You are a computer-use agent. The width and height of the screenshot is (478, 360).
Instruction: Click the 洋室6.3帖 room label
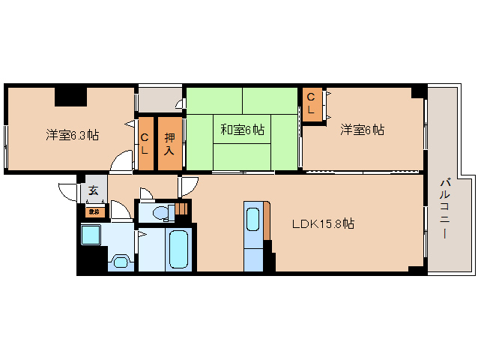point(72,135)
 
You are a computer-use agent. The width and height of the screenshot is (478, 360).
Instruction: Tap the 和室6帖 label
point(242,130)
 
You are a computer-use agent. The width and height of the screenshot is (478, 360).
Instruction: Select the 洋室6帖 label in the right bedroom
point(363,130)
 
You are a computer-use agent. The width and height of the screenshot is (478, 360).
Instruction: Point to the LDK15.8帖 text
point(323,223)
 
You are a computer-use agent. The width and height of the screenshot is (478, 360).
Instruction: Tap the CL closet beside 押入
point(145,142)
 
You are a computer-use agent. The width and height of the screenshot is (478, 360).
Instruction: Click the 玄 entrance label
point(94,190)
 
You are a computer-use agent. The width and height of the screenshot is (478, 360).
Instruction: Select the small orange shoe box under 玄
point(94,211)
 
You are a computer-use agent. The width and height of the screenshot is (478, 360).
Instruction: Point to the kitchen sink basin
point(254,220)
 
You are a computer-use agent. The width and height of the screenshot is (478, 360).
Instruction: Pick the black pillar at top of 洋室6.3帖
point(70,96)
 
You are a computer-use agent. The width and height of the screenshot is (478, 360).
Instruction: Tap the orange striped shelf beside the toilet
point(182,209)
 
